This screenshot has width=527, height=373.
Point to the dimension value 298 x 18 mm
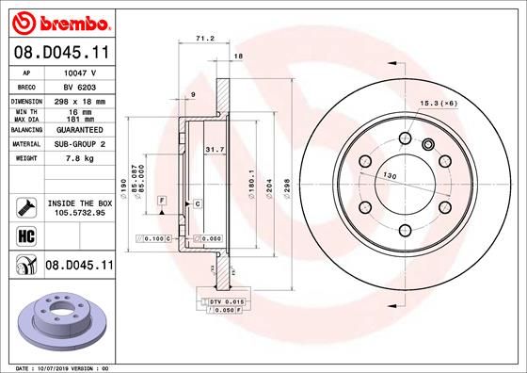click(x=78, y=100)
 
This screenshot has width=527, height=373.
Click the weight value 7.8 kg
click(x=78, y=158)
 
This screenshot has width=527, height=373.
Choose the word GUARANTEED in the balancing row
click(x=78, y=130)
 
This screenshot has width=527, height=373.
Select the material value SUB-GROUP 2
click(x=78, y=144)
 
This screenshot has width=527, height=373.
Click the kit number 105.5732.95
click(x=78, y=213)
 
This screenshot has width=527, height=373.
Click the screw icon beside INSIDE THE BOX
click(x=22, y=207)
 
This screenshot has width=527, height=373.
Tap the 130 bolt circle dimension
click(x=390, y=175)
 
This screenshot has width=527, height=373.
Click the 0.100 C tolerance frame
click(x=154, y=239)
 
